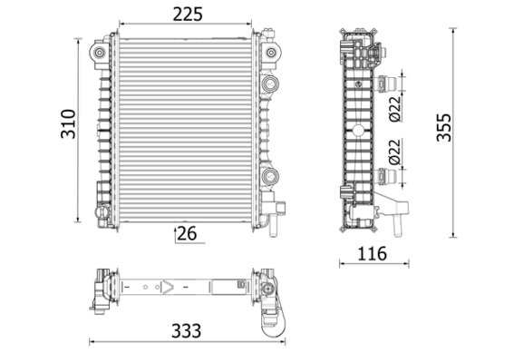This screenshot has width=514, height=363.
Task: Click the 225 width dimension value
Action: pyautogui.click(x=188, y=15)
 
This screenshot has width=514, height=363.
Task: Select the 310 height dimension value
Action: pyautogui.click(x=69, y=124)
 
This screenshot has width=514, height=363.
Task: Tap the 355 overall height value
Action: pyautogui.click(x=444, y=127)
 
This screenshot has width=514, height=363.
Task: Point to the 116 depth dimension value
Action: pyautogui.click(x=372, y=254)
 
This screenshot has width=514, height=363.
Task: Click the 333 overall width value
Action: pyautogui.click(x=186, y=331)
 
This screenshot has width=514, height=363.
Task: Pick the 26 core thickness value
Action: pyautogui.click(x=187, y=234)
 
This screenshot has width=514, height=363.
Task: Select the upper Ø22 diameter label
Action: pyautogui.click(x=395, y=109)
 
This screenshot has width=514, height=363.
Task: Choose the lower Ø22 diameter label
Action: pyautogui.click(x=395, y=152)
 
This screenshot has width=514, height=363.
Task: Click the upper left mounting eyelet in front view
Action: pyautogui.click(x=100, y=53)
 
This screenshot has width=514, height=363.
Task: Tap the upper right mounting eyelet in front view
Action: pyautogui.click(x=271, y=53)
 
